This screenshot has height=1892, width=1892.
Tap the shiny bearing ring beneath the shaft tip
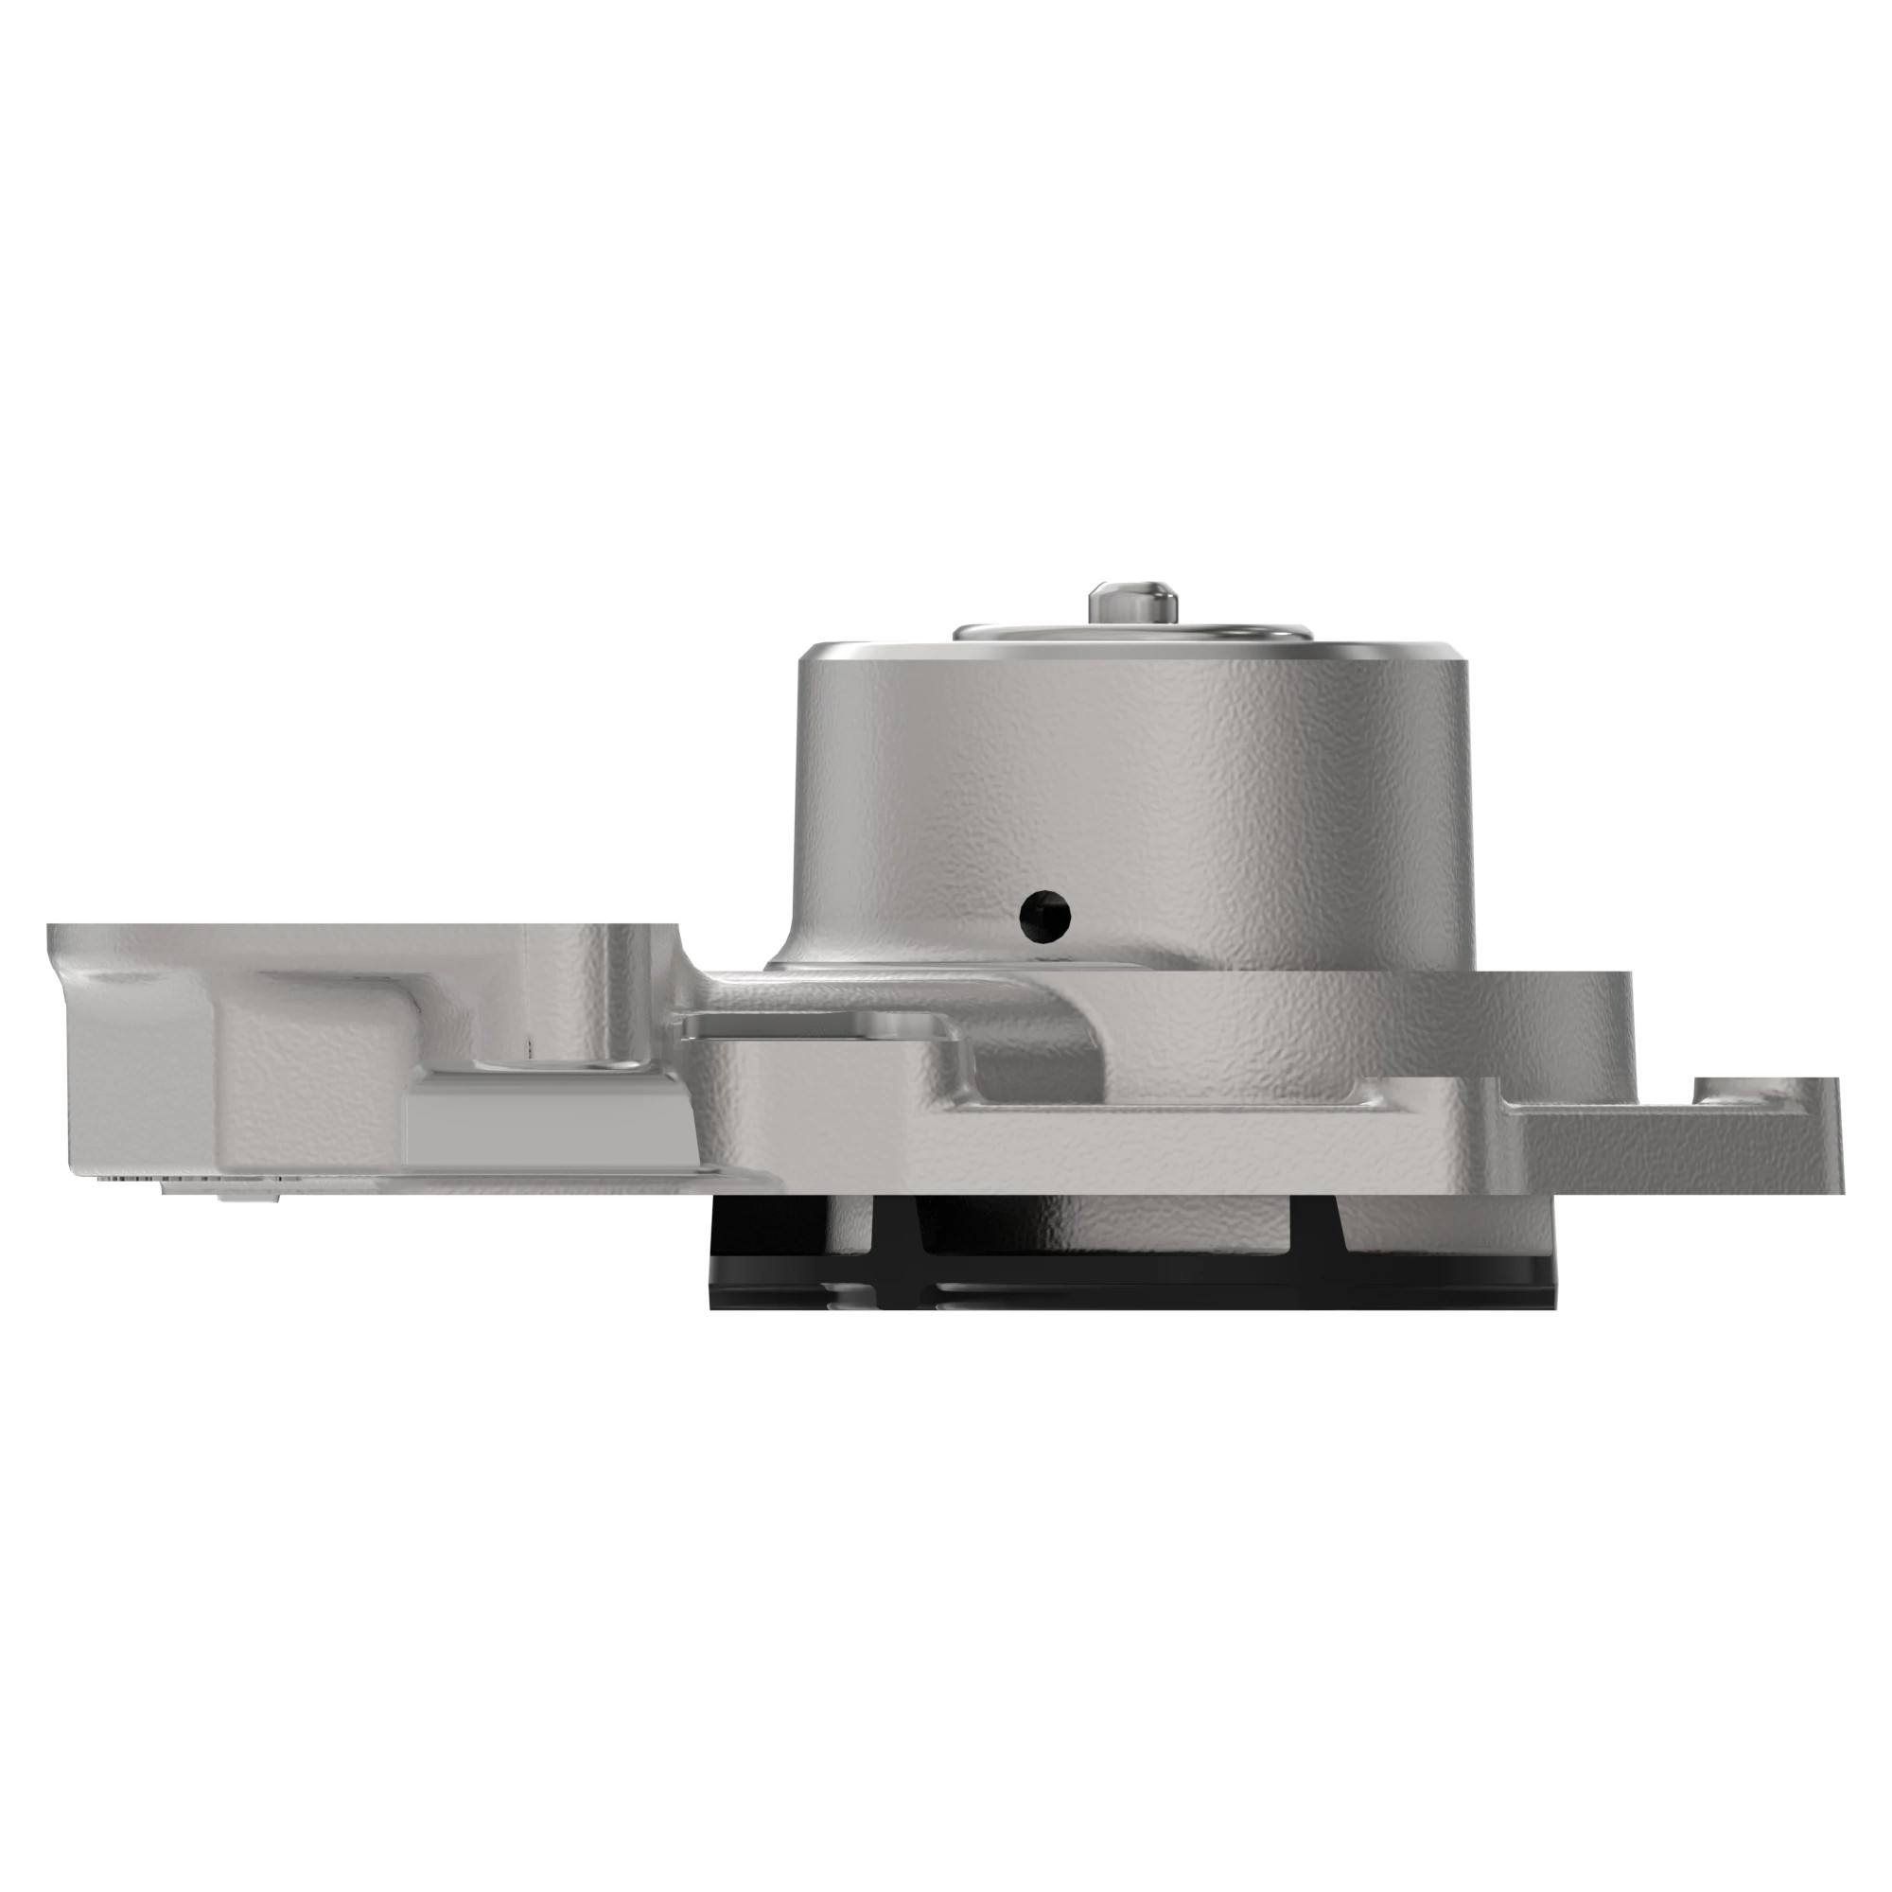(x=1131, y=633)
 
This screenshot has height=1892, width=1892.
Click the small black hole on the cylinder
(x=1044, y=916)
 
